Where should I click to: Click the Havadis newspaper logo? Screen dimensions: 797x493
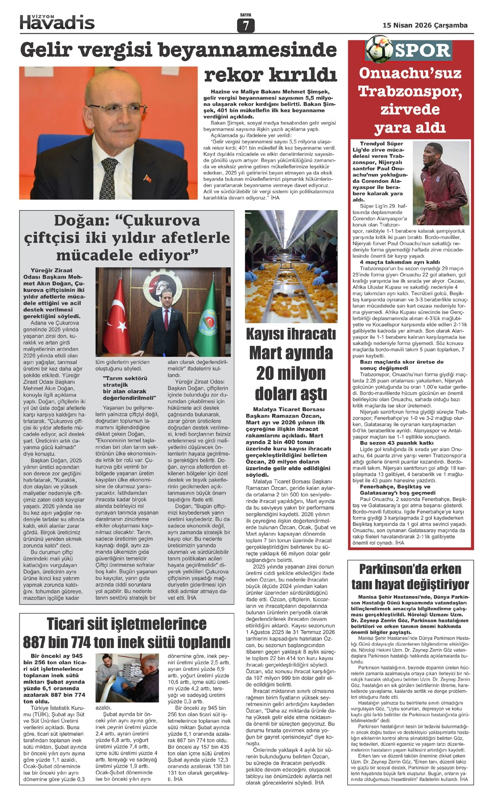tap(57, 21)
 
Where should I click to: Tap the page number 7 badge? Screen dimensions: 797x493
tap(246, 26)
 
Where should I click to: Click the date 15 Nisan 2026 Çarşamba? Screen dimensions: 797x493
tap(425, 25)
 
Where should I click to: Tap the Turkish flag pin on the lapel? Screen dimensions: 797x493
tap(147, 178)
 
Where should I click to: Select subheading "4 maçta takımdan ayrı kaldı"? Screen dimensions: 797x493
tap(399, 262)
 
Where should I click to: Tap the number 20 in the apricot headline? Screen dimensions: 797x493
tap(268, 373)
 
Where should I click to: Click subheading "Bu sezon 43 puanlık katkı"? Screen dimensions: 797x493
tap(396, 443)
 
